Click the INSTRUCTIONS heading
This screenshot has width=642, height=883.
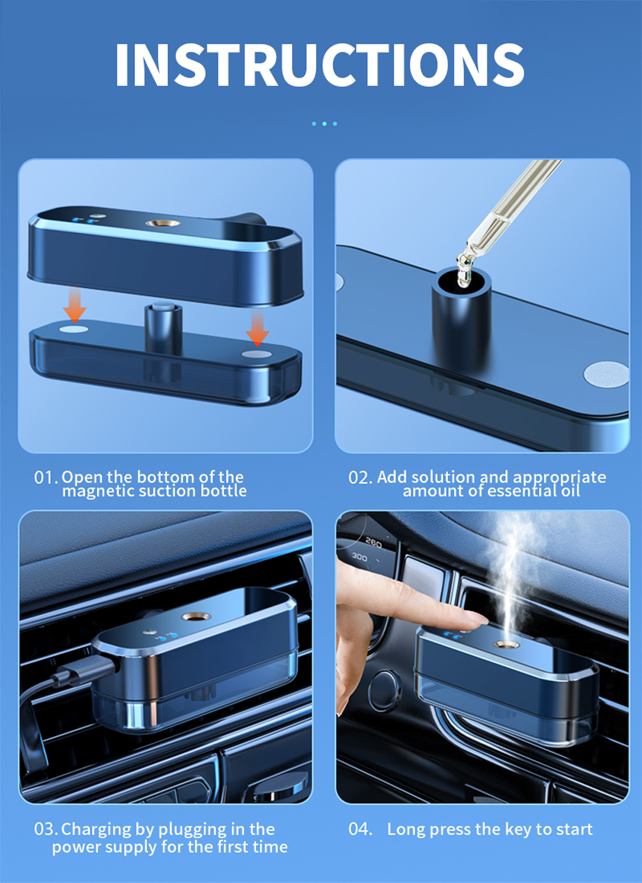(x=320, y=64)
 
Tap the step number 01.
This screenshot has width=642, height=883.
(x=46, y=477)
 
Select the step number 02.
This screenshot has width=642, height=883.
(x=360, y=477)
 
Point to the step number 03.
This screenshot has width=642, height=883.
(x=46, y=829)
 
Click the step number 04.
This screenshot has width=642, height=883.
(x=360, y=829)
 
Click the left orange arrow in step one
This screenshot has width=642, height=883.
(x=75, y=305)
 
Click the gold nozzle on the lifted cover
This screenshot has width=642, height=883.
(x=163, y=223)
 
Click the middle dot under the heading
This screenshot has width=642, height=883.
(x=324, y=124)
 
